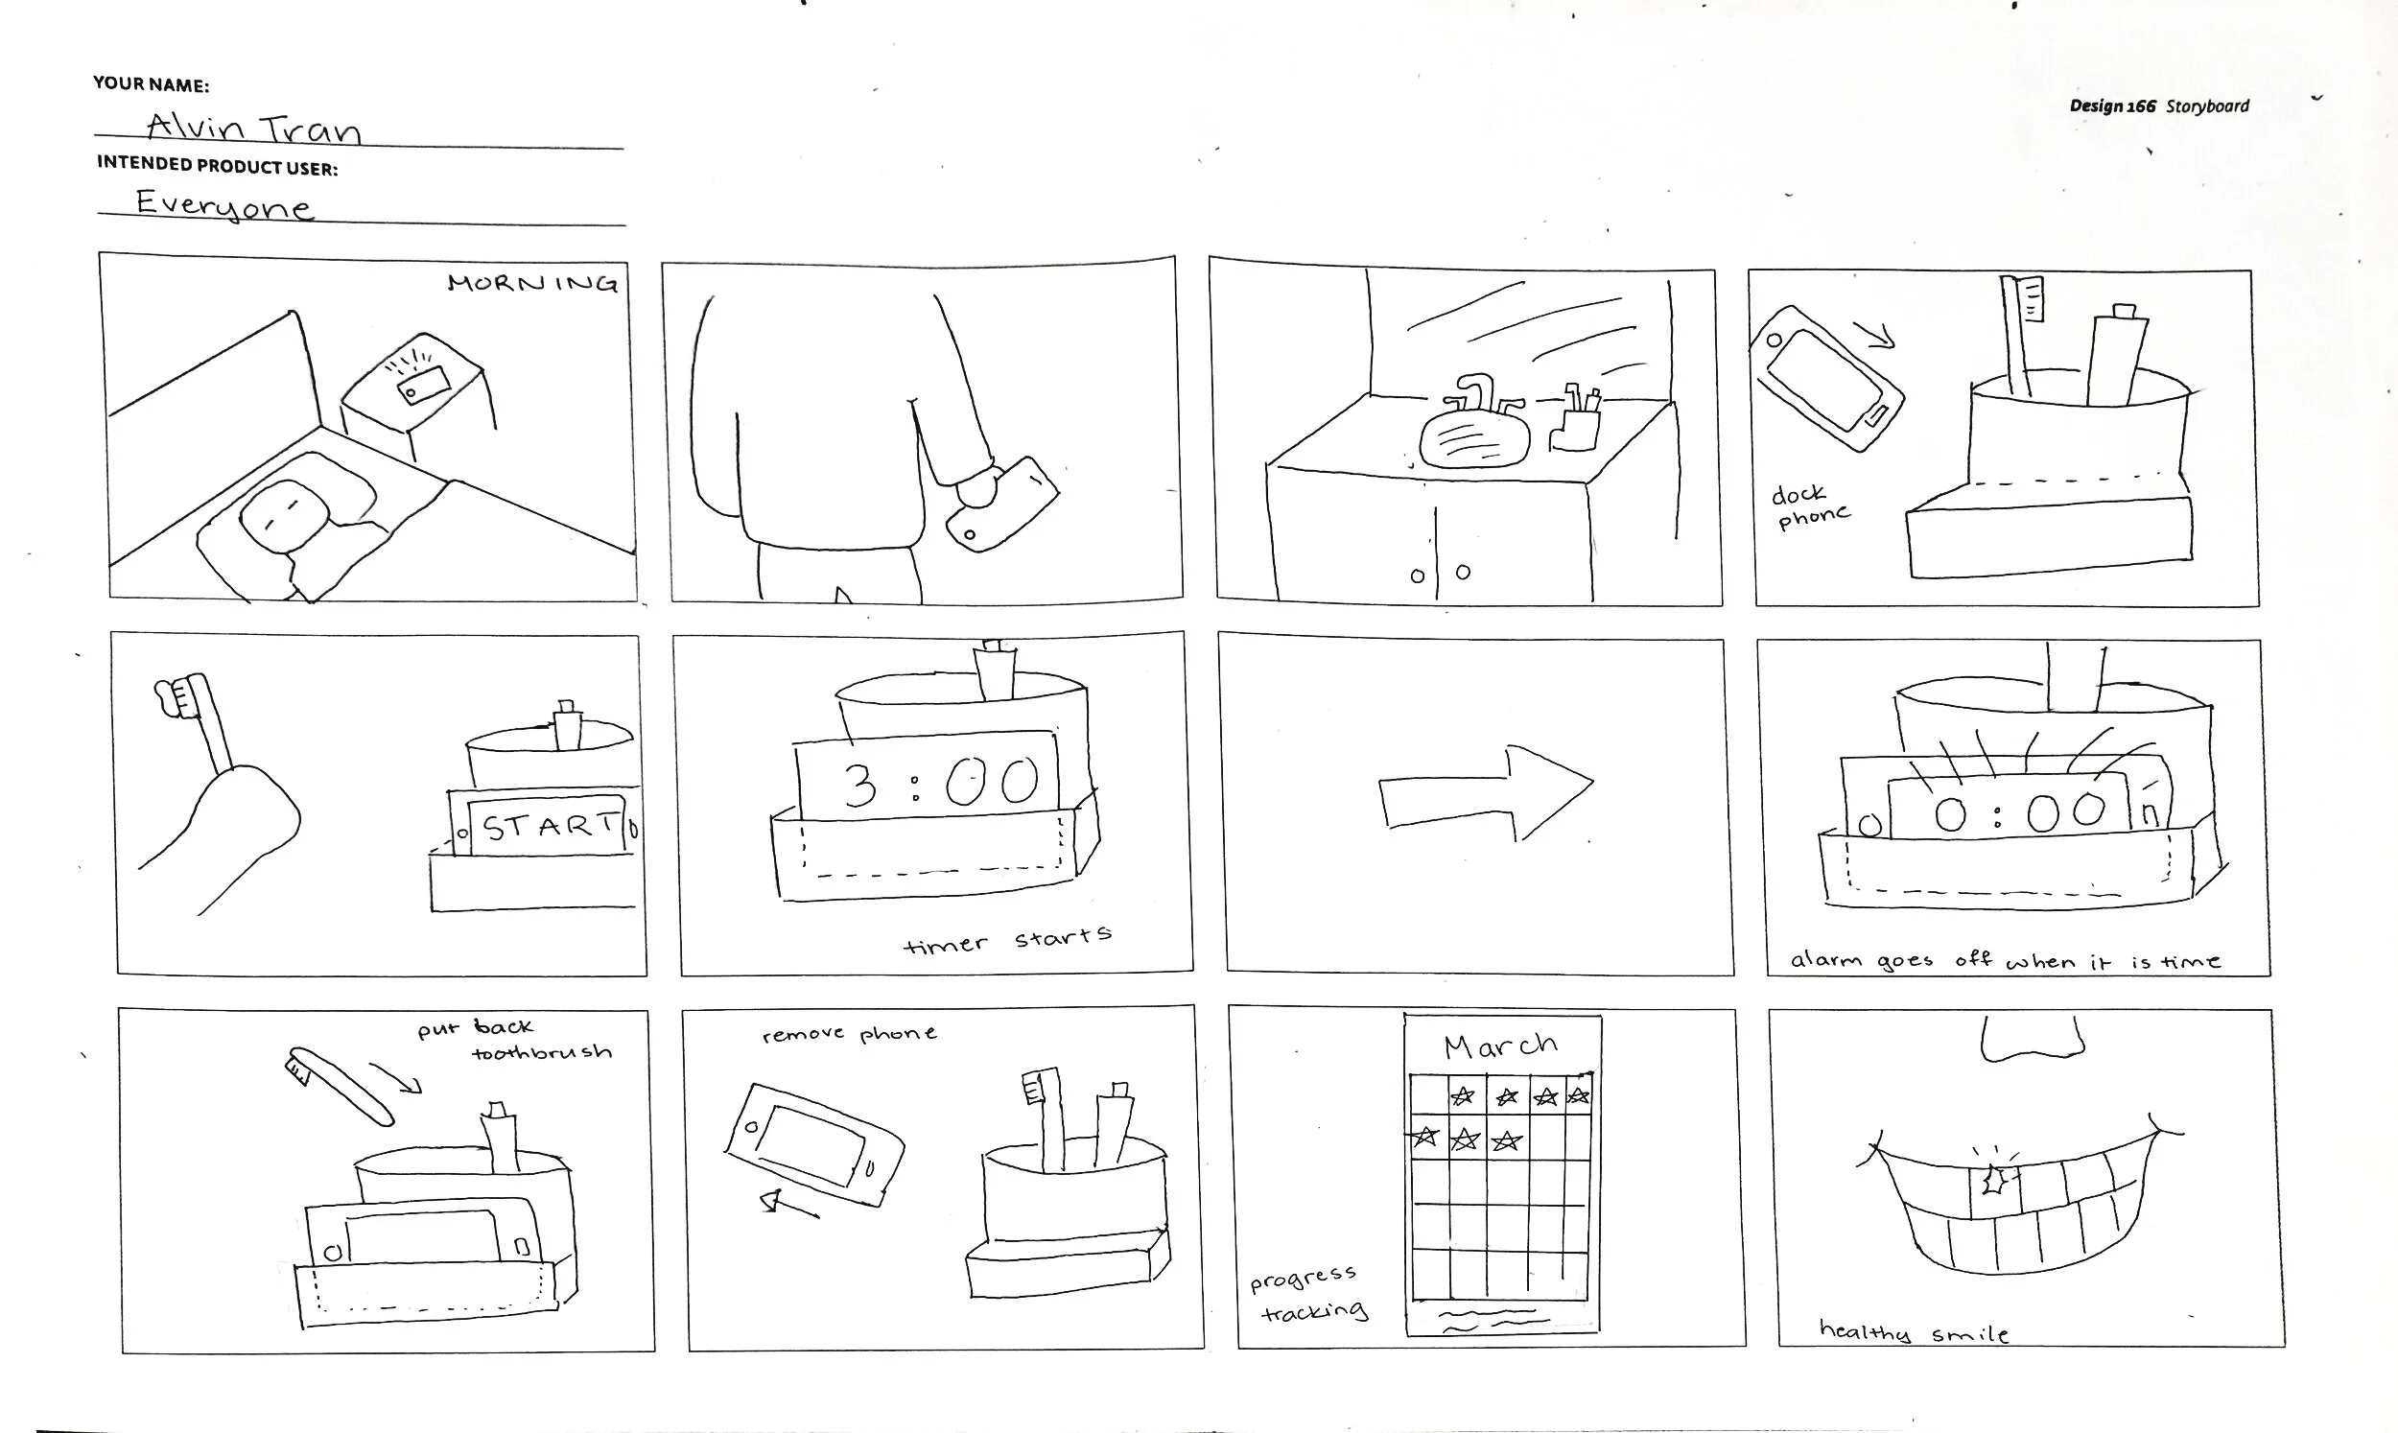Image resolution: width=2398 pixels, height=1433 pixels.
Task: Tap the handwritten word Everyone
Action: (x=223, y=203)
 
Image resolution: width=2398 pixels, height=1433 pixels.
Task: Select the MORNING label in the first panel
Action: (x=532, y=282)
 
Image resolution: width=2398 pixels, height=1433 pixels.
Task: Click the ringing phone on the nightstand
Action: (x=424, y=383)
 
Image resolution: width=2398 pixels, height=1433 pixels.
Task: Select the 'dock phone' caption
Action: (x=1810, y=506)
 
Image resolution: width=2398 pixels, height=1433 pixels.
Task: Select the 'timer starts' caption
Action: (x=1008, y=940)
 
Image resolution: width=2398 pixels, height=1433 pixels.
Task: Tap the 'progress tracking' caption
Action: (x=1309, y=1294)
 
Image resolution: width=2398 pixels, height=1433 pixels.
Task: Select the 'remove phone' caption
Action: (x=850, y=1034)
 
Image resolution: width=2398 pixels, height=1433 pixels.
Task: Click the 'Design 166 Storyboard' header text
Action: (x=2158, y=106)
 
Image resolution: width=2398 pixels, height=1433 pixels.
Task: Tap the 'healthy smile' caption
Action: (x=1914, y=1331)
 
